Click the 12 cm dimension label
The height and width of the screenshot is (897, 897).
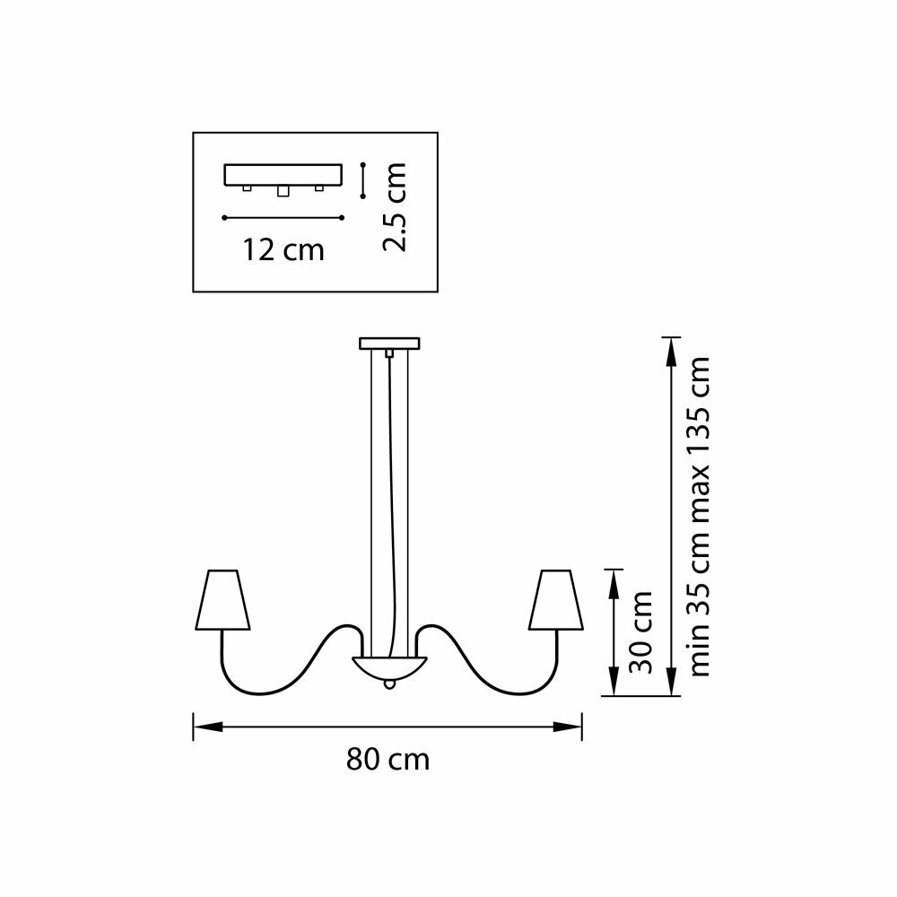(x=283, y=249)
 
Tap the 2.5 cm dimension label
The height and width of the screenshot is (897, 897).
(x=394, y=206)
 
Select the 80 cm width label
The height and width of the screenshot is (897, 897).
(x=388, y=761)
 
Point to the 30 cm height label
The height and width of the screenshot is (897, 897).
(x=640, y=632)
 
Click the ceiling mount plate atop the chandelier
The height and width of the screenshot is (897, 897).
(x=388, y=343)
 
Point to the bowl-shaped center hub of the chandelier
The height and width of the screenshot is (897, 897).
(x=388, y=666)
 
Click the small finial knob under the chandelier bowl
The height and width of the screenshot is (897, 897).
(x=388, y=684)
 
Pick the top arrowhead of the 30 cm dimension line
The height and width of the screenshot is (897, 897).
(x=613, y=576)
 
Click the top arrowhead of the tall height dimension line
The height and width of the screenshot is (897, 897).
(x=670, y=345)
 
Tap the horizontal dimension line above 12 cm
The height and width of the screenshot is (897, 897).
(x=283, y=217)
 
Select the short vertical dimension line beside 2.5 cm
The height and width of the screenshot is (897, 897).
(x=361, y=179)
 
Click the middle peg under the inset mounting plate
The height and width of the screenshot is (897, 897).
(x=283, y=191)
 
